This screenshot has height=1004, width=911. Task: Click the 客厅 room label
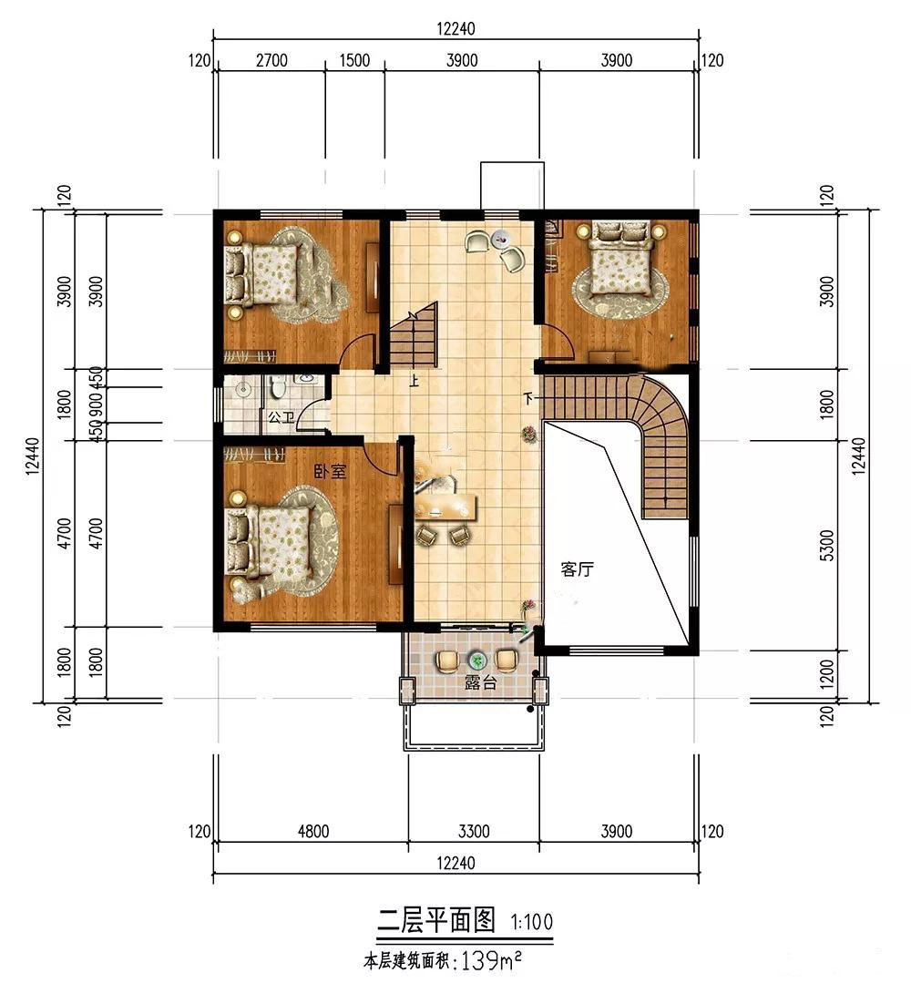coord(577,569)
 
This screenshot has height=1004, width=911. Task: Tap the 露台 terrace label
coord(481,682)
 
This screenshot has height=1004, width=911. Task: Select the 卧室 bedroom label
coord(330,471)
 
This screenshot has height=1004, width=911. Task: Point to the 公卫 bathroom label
coord(281,417)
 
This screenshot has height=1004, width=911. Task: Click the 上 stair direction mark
coord(415,383)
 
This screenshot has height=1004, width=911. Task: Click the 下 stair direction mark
coord(528,397)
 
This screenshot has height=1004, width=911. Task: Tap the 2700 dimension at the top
coord(271,60)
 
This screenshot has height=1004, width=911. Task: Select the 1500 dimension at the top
coord(354,60)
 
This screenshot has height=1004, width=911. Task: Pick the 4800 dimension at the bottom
coord(313,831)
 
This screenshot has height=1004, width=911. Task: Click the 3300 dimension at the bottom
coord(474,831)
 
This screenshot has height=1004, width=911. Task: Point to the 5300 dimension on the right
coord(827,545)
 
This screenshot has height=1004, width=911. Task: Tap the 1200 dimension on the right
coord(827,674)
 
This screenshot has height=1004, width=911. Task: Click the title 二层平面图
coord(436,921)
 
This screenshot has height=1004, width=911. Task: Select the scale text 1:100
coord(531,922)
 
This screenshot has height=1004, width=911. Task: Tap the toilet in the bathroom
coord(277,386)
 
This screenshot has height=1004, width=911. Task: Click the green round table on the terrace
coord(476,660)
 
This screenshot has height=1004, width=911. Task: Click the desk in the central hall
coord(446,506)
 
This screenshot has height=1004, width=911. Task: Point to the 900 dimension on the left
coord(97,405)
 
